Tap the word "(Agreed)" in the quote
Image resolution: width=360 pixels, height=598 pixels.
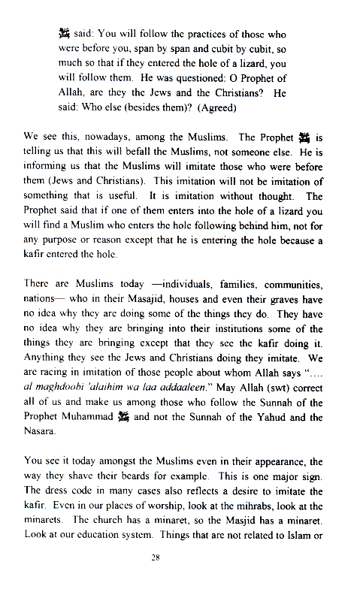215,108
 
